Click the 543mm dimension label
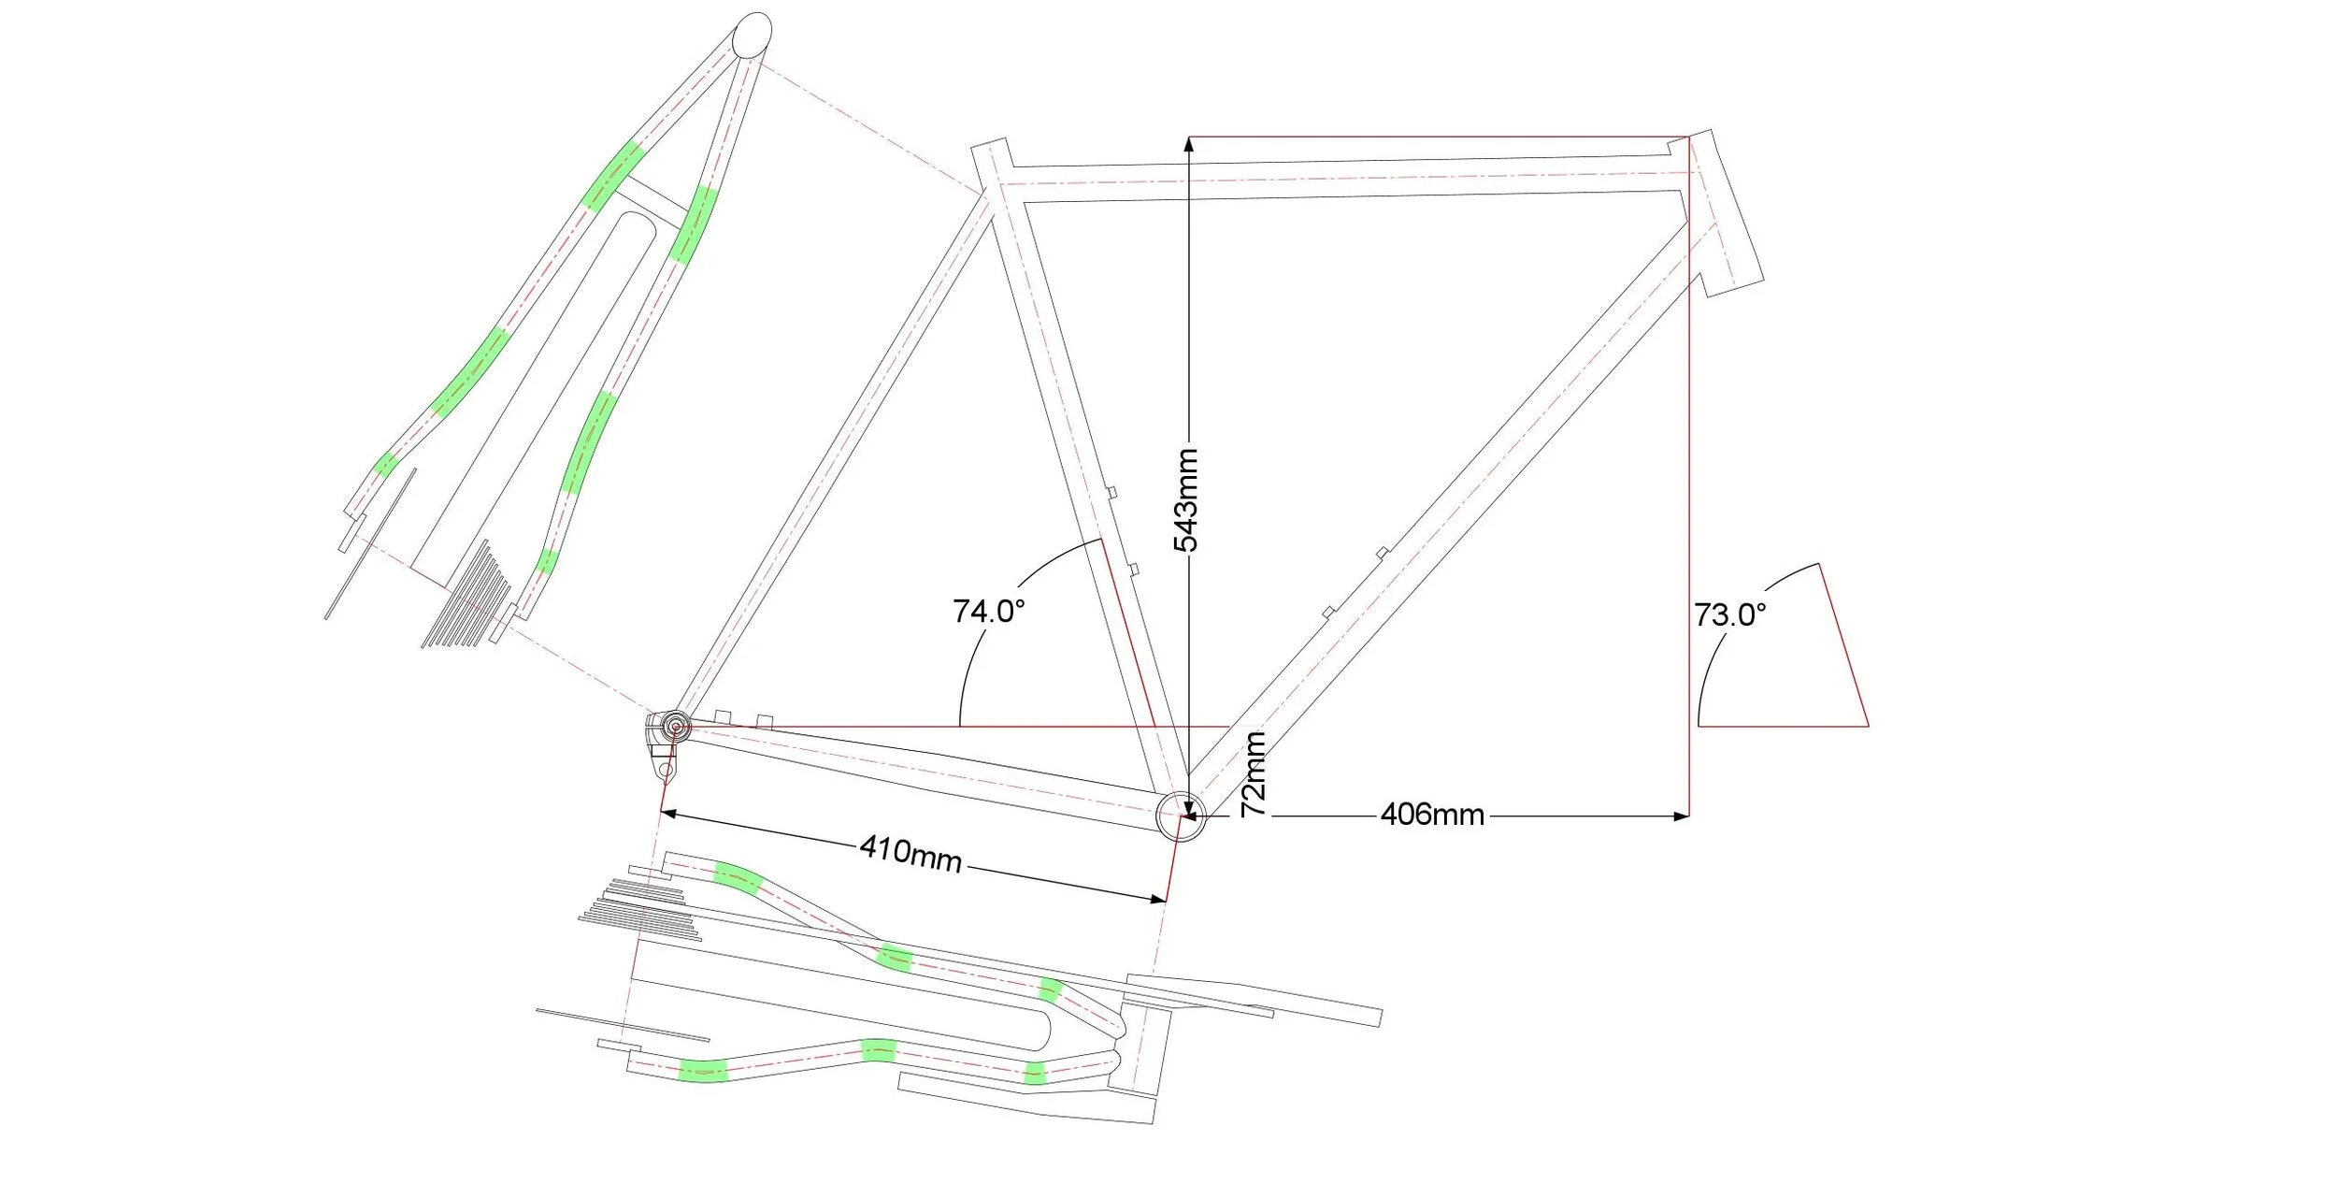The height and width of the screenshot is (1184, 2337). pos(1186,500)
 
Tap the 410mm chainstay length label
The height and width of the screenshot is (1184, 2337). pos(910,853)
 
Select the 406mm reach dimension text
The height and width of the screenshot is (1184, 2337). pos(1432,815)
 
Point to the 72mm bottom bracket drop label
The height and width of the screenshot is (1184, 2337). pos(1254,774)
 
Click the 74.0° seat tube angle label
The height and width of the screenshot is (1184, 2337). pos(988,612)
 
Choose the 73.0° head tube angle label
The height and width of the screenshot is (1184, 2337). pos(1729,615)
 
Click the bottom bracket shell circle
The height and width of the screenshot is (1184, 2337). pos(1180,816)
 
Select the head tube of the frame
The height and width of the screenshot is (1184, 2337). pos(1727,213)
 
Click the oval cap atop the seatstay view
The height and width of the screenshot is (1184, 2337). pos(752,36)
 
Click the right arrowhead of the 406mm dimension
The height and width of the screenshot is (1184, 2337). pos(1682,816)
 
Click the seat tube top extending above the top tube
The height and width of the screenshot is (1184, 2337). pos(992,161)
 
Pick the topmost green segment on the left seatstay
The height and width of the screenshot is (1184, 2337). pos(612,175)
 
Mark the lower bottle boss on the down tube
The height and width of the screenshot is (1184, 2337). pos(1328,612)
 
